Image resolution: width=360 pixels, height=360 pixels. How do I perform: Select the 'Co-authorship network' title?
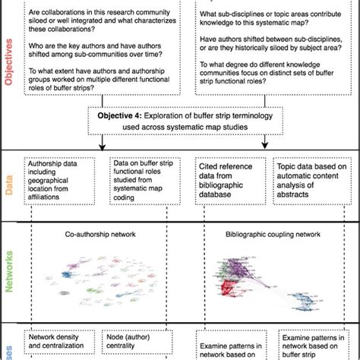point(101,235)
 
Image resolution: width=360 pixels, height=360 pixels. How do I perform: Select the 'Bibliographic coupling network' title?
point(263,235)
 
